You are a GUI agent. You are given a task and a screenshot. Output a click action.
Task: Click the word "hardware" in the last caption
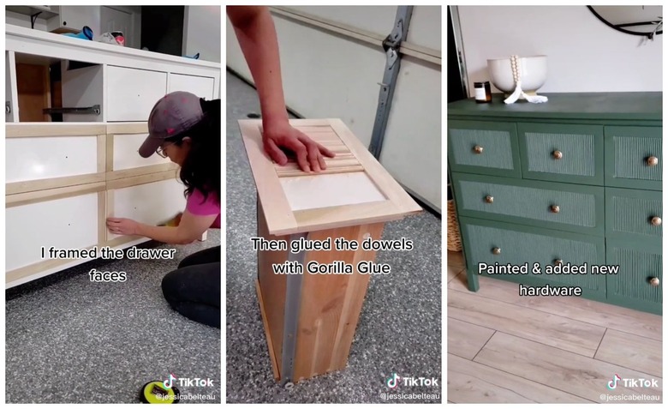point(550,291)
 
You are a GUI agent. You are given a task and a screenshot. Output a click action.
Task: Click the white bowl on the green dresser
point(517,73)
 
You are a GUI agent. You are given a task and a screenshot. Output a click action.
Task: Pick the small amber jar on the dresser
point(483,92)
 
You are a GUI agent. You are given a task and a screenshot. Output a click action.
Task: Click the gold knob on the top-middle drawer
point(557,155)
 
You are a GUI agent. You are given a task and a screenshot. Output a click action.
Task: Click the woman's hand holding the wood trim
point(121,226)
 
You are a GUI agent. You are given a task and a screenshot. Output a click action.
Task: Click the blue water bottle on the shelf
point(84,33)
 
